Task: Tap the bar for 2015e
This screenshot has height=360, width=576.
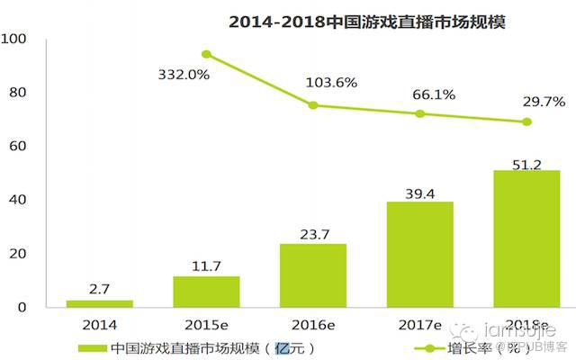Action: (206, 292)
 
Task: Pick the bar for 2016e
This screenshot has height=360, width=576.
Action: (311, 275)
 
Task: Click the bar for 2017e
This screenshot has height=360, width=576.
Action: (420, 255)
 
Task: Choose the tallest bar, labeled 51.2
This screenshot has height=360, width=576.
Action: (526, 238)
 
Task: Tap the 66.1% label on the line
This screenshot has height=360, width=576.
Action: (434, 94)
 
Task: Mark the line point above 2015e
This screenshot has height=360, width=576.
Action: (206, 54)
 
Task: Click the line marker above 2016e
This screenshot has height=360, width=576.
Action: (312, 105)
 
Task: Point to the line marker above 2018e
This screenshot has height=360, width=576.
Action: (526, 121)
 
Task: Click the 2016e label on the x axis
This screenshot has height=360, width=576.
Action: (311, 323)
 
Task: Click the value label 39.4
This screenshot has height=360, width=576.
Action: (420, 190)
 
